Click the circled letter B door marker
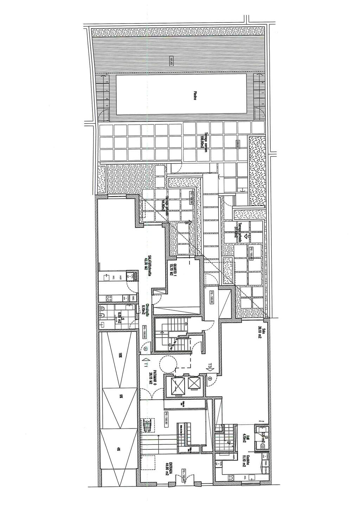coord(210,379)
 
